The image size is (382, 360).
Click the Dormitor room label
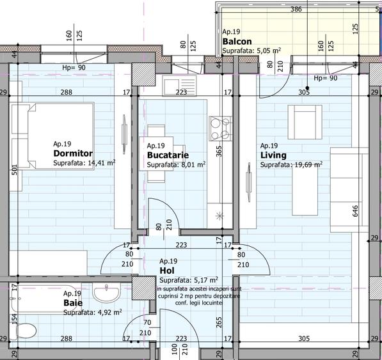click(73, 153)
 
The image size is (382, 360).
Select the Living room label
click(273, 155)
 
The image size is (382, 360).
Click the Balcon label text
click(237, 42)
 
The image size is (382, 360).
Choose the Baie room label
click(72, 302)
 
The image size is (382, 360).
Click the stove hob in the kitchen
click(221, 127)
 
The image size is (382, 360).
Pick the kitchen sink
click(173, 83)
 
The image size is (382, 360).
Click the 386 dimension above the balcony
click(296, 10)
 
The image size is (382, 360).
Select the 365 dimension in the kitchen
click(219, 151)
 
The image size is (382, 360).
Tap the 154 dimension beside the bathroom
click(13, 318)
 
